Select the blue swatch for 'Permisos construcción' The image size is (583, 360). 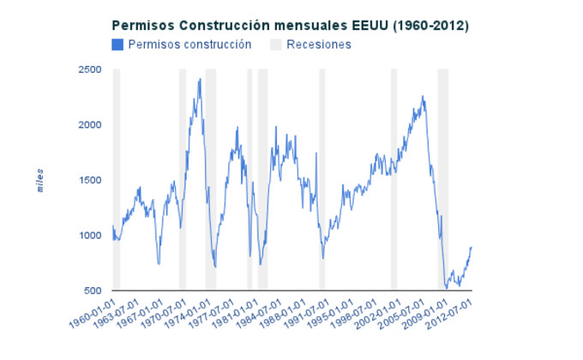click(x=117, y=45)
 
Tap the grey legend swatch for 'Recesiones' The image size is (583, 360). click(x=276, y=45)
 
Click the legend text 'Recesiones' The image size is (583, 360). click(x=319, y=45)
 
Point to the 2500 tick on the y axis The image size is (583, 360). click(x=90, y=69)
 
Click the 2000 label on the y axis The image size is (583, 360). click(x=90, y=125)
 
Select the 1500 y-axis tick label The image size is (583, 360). click(x=90, y=181)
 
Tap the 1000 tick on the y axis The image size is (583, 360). click(x=90, y=236)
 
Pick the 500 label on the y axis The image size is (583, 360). click(x=93, y=291)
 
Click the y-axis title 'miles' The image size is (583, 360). click(x=40, y=180)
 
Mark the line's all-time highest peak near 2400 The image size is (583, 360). click(x=200, y=79)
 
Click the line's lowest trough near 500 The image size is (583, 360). click(x=446, y=289)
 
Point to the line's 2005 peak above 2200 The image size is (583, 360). click(x=423, y=96)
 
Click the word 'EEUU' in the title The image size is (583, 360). click(x=365, y=26)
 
